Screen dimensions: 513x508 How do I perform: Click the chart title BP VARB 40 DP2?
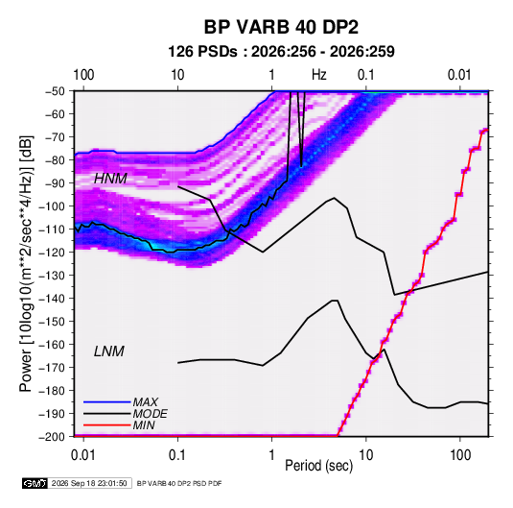click(281, 27)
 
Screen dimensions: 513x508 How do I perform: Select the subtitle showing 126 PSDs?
click(281, 52)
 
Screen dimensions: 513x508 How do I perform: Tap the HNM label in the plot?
click(110, 179)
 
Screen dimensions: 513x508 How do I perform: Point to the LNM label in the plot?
click(109, 351)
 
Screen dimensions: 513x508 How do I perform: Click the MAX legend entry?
click(145, 402)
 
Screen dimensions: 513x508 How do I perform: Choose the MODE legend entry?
click(151, 414)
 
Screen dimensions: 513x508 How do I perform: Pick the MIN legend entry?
click(144, 425)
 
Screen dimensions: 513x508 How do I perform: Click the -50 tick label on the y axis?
click(55, 91)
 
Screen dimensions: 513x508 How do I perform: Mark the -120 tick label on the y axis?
click(52, 253)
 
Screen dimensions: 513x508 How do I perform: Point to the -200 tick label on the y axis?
click(52, 437)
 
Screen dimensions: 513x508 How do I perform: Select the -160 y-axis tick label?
click(52, 345)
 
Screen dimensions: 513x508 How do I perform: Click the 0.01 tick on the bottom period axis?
click(83, 455)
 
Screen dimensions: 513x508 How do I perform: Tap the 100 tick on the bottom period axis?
click(460, 455)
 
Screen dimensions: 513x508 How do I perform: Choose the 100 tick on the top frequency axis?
click(83, 75)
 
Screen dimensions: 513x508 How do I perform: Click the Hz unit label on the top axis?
click(319, 75)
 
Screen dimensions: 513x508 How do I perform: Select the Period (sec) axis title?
click(319, 466)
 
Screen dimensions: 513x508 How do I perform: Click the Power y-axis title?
click(27, 264)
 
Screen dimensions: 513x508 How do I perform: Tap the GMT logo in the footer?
click(35, 483)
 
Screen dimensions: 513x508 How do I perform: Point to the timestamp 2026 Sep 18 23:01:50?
click(89, 483)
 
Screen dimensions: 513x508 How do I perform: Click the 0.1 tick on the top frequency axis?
click(365, 75)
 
